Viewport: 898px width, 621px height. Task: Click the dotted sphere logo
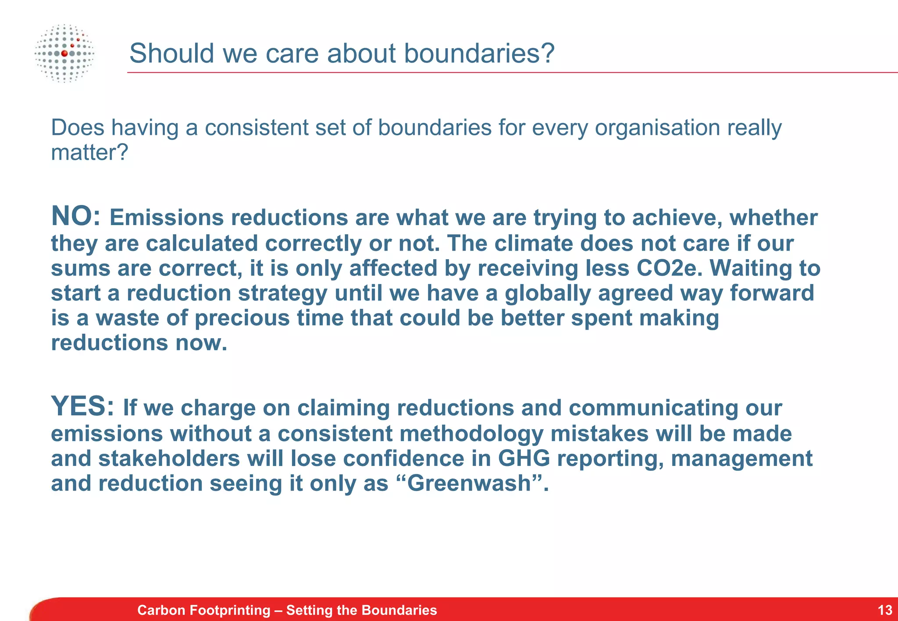coord(64,53)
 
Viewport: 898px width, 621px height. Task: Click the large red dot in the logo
coord(64,53)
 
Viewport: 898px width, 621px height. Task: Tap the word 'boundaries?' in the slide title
coord(479,53)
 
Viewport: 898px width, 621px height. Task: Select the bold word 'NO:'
coord(76,216)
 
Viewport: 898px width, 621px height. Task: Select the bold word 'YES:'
coord(82,406)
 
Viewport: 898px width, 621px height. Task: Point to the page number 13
coord(885,610)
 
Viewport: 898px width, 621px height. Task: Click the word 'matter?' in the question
coord(89,153)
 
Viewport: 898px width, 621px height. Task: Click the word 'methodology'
coord(471,434)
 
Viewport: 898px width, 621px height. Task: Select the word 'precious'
coord(242,318)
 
